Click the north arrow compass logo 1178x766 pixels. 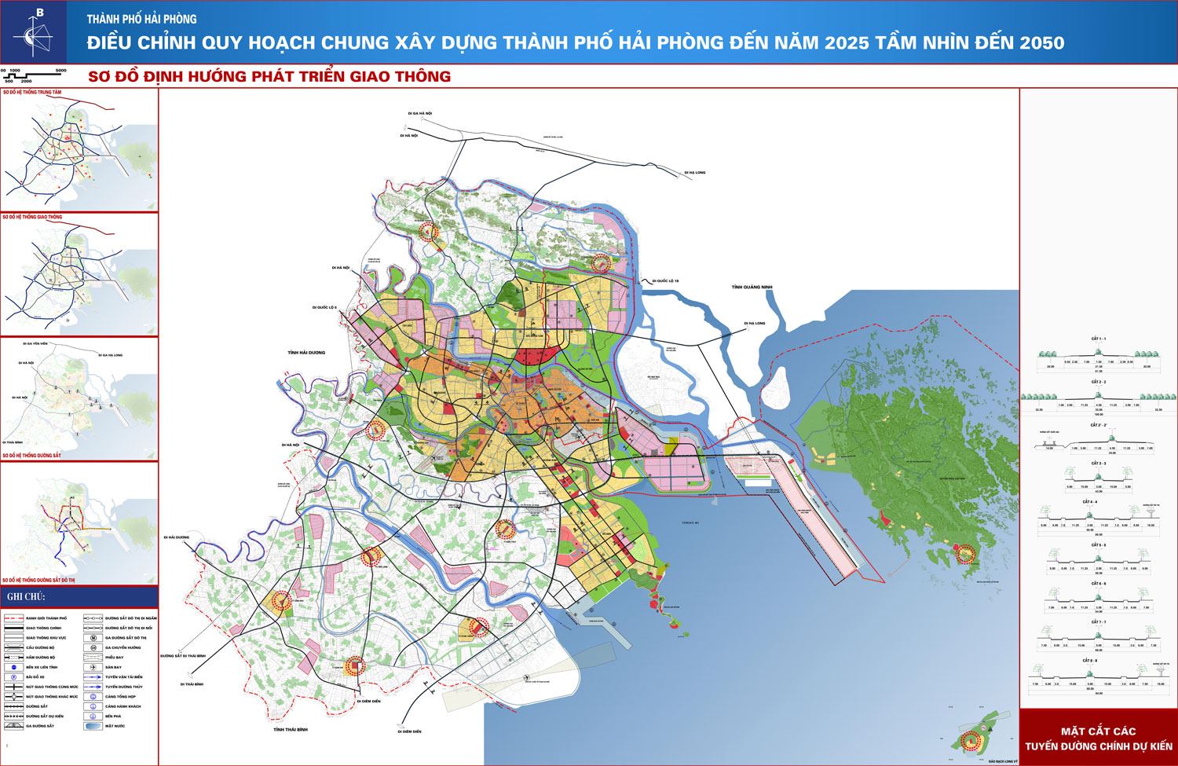tap(33, 33)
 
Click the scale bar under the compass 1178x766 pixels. tap(35, 75)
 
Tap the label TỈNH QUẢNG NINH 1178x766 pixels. tap(752, 288)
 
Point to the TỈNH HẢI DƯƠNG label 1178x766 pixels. tap(306, 353)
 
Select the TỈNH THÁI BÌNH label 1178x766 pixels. tap(288, 731)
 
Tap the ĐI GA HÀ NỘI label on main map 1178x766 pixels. tap(419, 114)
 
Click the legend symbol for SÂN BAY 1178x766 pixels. tap(93, 667)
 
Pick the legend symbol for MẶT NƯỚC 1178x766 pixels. tap(93, 726)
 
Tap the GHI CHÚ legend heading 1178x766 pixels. tap(26, 597)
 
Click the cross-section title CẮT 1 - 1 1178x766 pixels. tap(1099, 339)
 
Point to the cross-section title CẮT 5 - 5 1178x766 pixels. tap(1099, 545)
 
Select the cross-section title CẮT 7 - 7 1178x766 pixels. tap(1099, 621)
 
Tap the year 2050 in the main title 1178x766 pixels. tap(1041, 43)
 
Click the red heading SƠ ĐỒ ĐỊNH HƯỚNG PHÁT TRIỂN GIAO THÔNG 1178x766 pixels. tap(269, 76)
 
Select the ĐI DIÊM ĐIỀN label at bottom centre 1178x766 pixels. tap(409, 731)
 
